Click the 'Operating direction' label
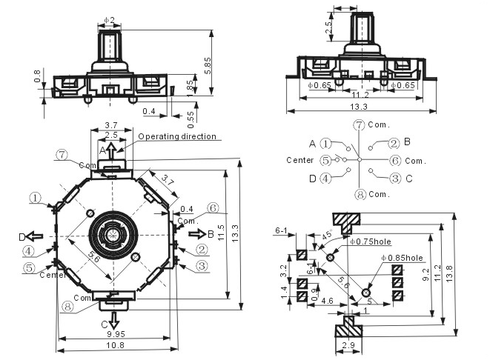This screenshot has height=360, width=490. point(177,136)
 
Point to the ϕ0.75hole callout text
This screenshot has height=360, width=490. point(371,241)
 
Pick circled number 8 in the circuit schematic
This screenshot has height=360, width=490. point(359,194)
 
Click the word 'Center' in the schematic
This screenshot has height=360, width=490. point(300,160)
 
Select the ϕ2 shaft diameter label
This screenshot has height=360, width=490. point(109,18)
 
